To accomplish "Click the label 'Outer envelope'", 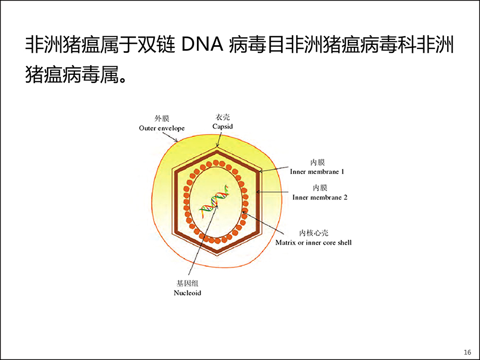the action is click(x=162, y=128).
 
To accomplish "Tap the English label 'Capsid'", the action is click(x=223, y=126).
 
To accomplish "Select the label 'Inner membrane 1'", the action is click(x=317, y=171).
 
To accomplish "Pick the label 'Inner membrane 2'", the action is click(x=320, y=197).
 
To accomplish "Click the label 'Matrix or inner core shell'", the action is click(x=313, y=243).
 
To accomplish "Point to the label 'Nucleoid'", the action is click(x=187, y=293).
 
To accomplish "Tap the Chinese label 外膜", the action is click(x=162, y=118).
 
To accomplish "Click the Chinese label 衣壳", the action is click(x=223, y=117).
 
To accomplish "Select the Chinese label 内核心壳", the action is click(x=314, y=233).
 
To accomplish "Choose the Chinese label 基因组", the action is click(x=187, y=283).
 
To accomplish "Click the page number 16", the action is click(x=468, y=352).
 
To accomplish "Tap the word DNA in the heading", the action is click(x=202, y=44).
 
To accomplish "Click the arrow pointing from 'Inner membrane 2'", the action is click(x=272, y=192).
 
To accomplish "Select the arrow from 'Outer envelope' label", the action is click(x=170, y=137).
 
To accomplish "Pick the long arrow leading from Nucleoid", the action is click(x=203, y=240).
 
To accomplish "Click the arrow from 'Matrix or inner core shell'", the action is click(x=260, y=221).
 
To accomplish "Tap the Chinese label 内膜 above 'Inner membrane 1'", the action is click(x=318, y=162).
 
